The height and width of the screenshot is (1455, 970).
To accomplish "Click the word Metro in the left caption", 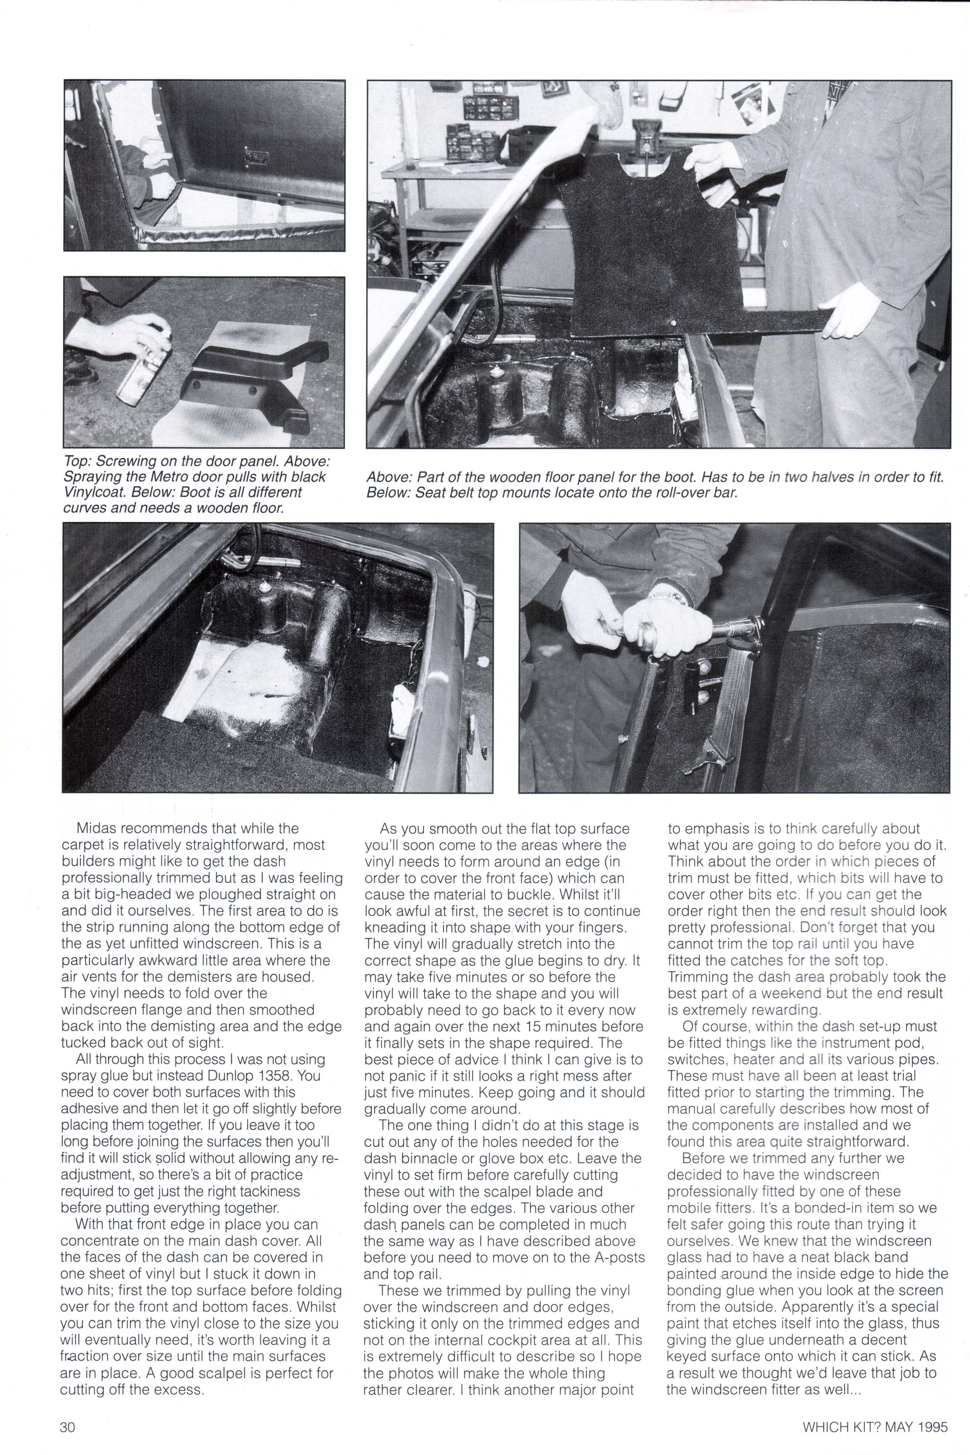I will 172,477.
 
